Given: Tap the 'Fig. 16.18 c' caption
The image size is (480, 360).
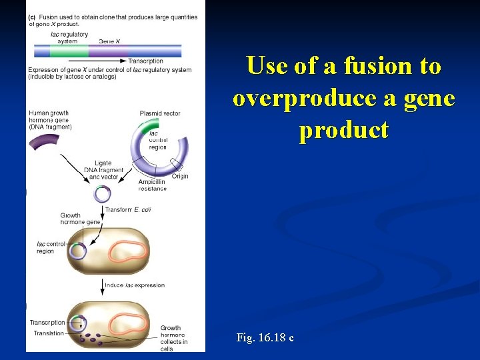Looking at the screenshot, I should click(265, 338).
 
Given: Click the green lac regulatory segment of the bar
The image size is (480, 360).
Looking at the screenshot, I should click(69, 51).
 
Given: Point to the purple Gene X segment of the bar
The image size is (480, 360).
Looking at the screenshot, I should click(107, 51).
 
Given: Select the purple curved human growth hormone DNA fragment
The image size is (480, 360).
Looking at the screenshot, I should click(44, 141).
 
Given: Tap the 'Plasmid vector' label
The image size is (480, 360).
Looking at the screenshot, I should click(160, 113).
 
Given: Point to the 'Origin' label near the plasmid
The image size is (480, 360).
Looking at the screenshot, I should click(180, 176).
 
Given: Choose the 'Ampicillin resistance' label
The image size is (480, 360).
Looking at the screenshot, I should click(153, 185).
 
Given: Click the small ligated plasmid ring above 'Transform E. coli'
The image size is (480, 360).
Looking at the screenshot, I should click(102, 194).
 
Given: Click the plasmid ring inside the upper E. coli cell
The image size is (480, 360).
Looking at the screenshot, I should click(78, 251).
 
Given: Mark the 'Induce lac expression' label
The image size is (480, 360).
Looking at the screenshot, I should click(136, 285).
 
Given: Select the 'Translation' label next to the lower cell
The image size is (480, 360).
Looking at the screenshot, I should click(49, 333).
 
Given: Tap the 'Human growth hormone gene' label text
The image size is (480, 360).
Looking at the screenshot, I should click(51, 120).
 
